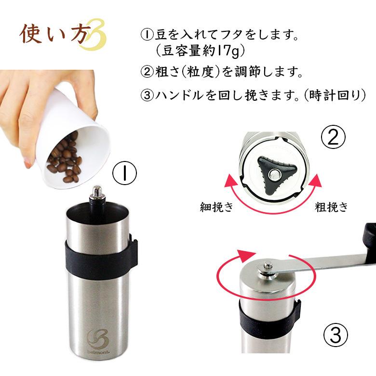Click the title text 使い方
tap(55, 35)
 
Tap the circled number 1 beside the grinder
tap(124, 173)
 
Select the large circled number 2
tap(334, 138)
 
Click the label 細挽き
tap(217, 207)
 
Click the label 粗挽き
tap(331, 207)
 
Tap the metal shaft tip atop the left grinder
tap(96, 192)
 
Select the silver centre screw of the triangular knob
tap(275, 174)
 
